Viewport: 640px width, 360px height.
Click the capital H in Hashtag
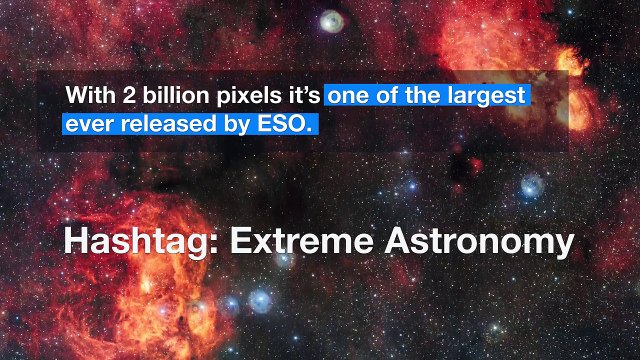point(75,242)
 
